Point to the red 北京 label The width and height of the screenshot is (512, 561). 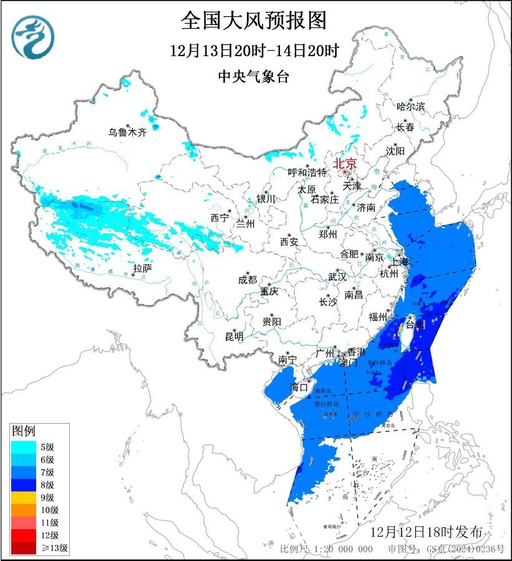[x=345, y=163]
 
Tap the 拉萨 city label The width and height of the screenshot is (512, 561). [x=142, y=268]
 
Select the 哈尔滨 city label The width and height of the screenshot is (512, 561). [x=410, y=107]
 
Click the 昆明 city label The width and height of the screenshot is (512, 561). [x=234, y=336]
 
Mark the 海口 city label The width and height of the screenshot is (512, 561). [x=300, y=388]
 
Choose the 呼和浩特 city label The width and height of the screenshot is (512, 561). [x=307, y=172]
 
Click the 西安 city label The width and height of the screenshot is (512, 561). [x=289, y=241]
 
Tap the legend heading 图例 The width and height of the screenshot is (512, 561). [x=25, y=431]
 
